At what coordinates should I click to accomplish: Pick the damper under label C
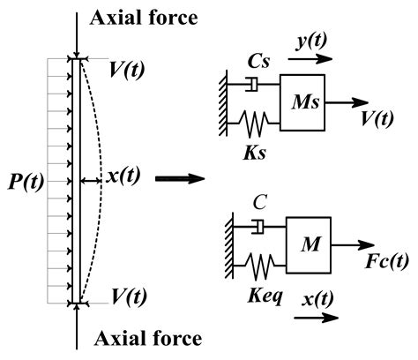[256, 228]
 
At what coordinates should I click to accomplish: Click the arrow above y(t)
[311, 61]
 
